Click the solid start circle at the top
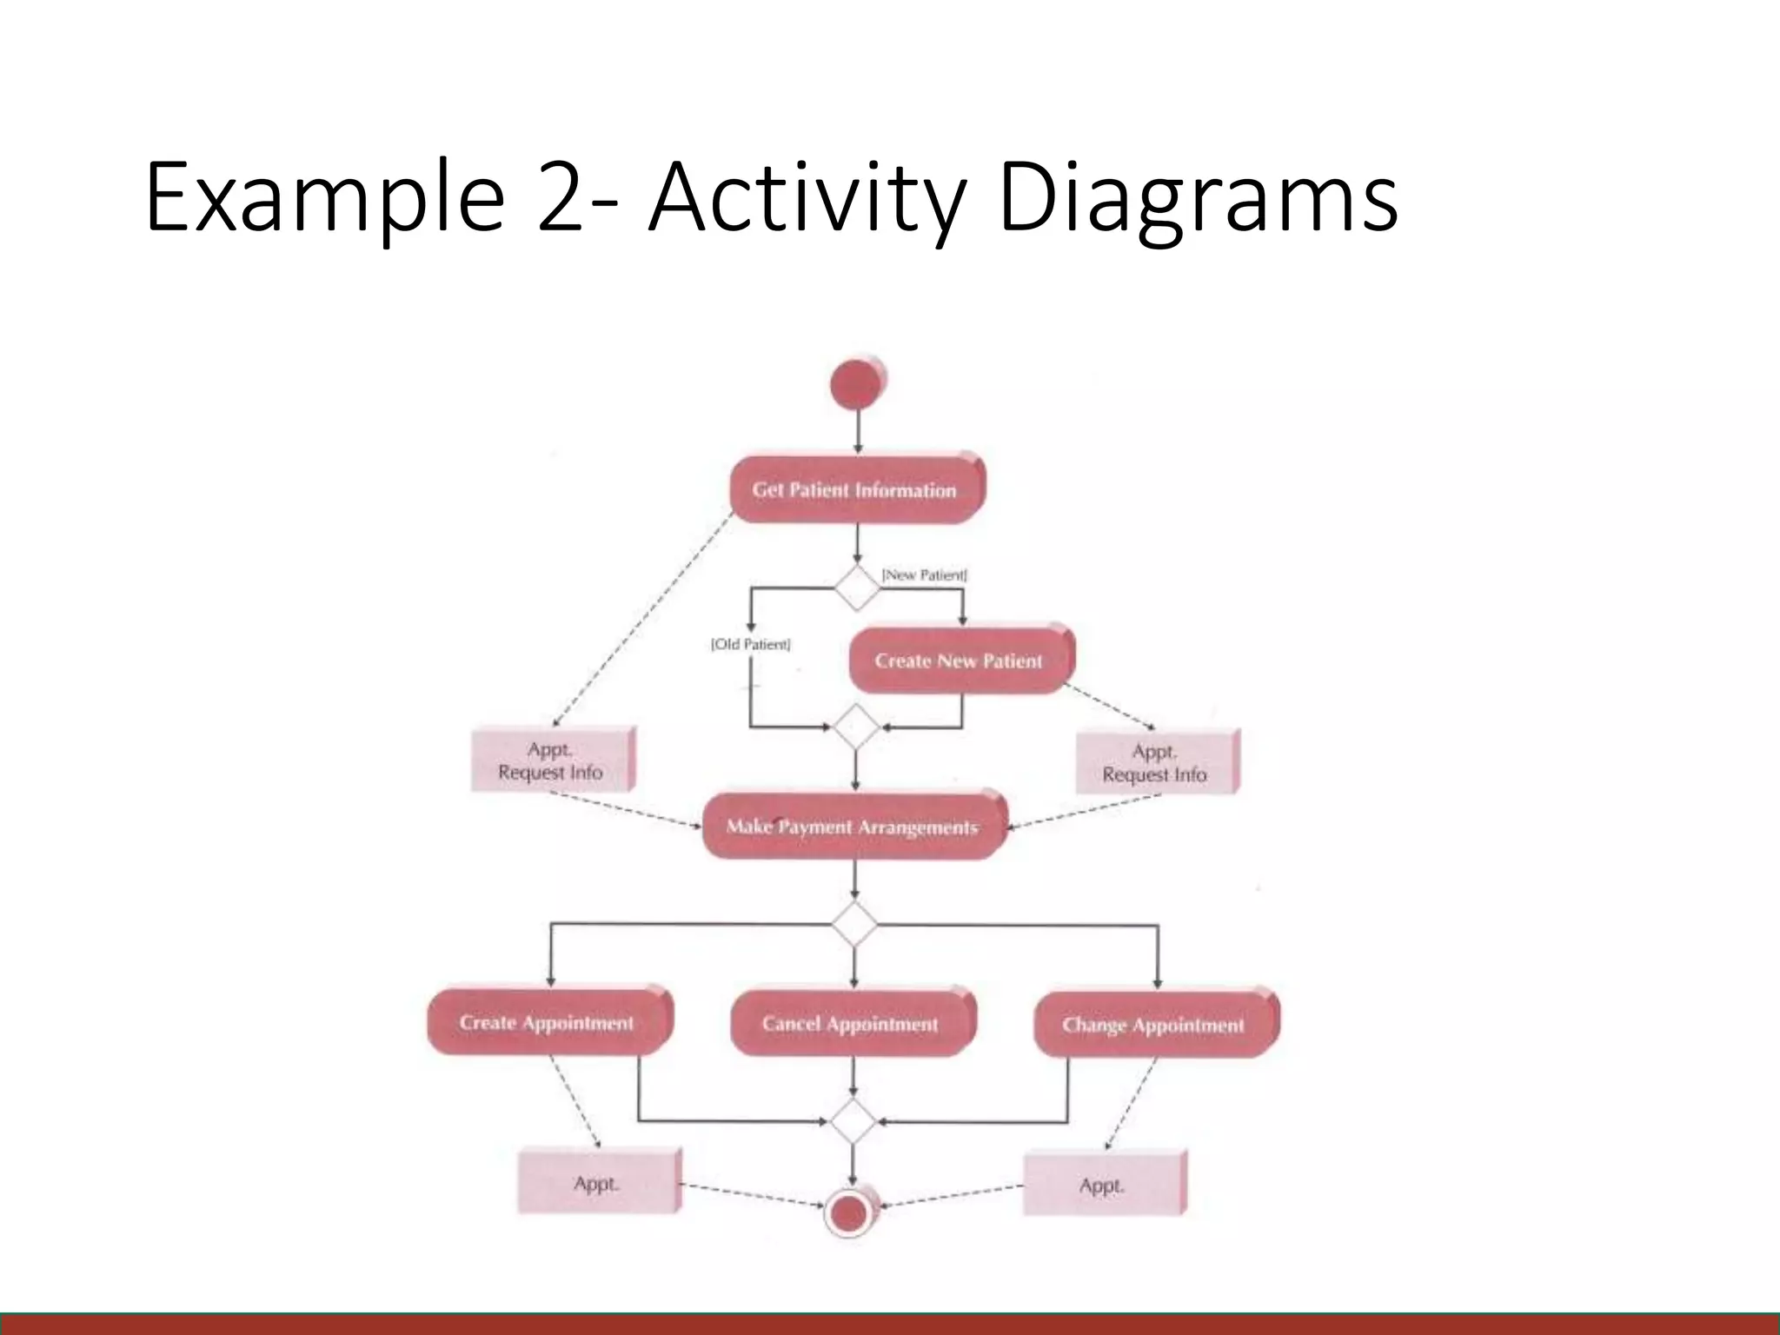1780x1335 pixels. [858, 384]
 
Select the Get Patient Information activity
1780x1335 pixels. [856, 490]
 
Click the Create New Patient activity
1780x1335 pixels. [959, 661]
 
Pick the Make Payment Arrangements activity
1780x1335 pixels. [853, 827]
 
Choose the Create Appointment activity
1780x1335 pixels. [548, 1023]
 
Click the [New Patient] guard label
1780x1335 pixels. [924, 575]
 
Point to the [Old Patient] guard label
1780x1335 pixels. [751, 644]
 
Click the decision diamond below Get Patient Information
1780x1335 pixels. [857, 588]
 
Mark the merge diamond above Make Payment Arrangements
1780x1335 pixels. [856, 727]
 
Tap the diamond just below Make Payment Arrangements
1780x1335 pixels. [854, 924]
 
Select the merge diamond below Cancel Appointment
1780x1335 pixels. [853, 1121]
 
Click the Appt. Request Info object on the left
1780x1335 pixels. [552, 760]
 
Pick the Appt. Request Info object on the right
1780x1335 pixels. [1156, 762]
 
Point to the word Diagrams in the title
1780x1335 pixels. [1198, 197]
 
